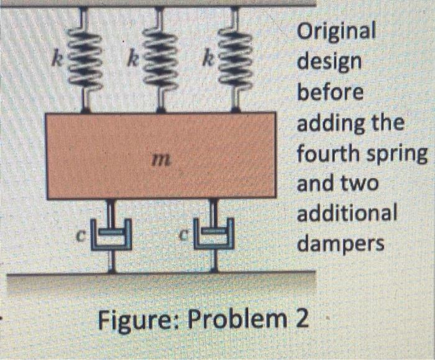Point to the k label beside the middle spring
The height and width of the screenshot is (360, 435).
(x=132, y=62)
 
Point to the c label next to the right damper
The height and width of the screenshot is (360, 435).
(x=185, y=237)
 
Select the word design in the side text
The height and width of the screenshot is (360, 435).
(x=329, y=62)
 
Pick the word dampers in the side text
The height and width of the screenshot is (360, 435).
(x=341, y=243)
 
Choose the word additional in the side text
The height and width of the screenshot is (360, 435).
(x=347, y=213)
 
